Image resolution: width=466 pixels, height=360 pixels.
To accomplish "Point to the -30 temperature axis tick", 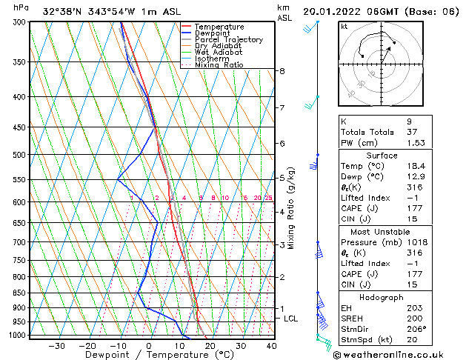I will tap(56, 345).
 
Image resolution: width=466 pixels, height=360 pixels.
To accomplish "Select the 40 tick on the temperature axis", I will tap(271, 345).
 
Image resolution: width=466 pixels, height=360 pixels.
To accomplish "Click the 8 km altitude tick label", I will tap(282, 71).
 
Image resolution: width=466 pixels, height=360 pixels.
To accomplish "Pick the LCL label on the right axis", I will tap(291, 319).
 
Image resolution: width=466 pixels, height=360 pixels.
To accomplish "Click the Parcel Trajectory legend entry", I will tap(228, 40).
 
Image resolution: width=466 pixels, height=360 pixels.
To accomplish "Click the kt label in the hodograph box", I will tap(344, 27).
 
